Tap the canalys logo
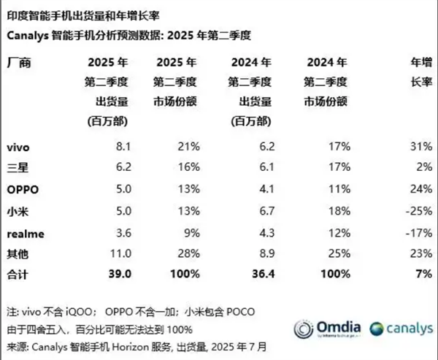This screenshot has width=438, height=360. (x=399, y=329)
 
